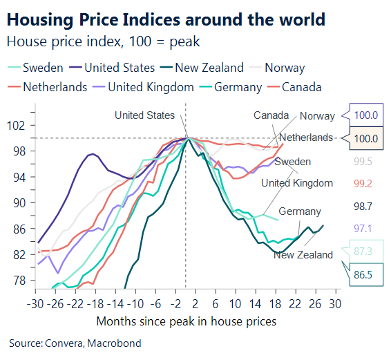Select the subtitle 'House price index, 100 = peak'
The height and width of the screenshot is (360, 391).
pos(103,41)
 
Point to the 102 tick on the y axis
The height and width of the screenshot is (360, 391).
pos(17,126)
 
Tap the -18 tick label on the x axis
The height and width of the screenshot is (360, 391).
pos(95,305)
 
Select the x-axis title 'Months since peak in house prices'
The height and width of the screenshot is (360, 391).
pos(186,321)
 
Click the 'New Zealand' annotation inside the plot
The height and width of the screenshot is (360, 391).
pos(303,255)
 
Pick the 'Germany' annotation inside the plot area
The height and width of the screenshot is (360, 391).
pos(299,211)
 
